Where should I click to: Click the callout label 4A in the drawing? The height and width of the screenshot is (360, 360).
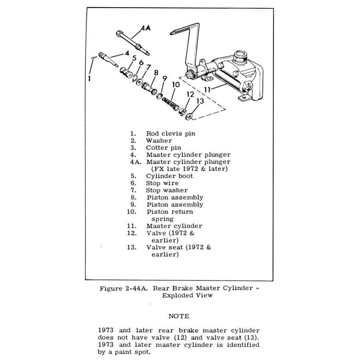(x=146, y=28)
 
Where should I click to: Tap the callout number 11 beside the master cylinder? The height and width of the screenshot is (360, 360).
(x=207, y=90)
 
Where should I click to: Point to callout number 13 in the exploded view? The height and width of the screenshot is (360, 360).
(x=200, y=101)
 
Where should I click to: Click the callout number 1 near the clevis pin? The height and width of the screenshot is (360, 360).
(x=89, y=79)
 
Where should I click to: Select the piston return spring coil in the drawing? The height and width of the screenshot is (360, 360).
(x=170, y=104)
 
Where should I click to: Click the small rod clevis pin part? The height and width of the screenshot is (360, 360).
(x=93, y=58)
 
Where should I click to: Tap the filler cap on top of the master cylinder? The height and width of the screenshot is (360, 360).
(x=240, y=57)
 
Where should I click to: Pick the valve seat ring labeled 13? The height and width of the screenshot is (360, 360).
(x=189, y=116)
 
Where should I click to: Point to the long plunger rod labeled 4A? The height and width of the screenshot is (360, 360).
(x=133, y=43)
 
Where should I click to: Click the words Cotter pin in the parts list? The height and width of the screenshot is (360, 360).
(x=164, y=148)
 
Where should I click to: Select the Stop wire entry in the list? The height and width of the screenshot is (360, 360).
(x=162, y=183)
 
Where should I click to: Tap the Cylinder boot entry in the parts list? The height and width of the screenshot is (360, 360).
(x=170, y=176)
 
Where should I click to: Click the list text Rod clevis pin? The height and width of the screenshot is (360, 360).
(x=170, y=133)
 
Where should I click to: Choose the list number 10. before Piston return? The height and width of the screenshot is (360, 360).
(x=132, y=212)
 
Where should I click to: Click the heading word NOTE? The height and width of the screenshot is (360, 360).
(x=179, y=316)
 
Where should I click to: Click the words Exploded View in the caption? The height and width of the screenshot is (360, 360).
(x=187, y=295)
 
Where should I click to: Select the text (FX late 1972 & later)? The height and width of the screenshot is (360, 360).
(x=190, y=169)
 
